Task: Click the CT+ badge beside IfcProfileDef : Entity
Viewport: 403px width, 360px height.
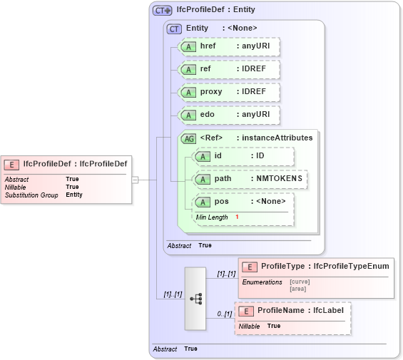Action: tap(163, 10)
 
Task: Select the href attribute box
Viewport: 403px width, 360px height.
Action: tap(228, 47)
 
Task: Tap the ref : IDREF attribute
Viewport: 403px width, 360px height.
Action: tap(228, 69)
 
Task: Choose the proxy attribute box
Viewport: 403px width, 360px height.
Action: tap(228, 92)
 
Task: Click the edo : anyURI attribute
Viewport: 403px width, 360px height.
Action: tap(228, 115)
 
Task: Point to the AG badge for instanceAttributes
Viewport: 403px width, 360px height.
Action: tap(189, 138)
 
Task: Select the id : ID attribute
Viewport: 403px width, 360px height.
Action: tap(243, 156)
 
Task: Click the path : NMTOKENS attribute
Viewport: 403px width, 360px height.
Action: tap(250, 179)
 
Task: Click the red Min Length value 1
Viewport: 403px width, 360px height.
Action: tap(237, 216)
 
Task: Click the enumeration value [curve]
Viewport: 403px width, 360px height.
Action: tap(300, 282)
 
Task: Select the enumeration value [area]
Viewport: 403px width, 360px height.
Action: tap(298, 289)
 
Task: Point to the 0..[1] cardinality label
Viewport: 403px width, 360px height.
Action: tap(225, 314)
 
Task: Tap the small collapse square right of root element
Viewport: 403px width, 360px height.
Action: tap(135, 180)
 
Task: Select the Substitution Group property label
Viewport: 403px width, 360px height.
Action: tap(31, 195)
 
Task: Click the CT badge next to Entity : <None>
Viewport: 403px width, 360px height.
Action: tap(174, 29)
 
